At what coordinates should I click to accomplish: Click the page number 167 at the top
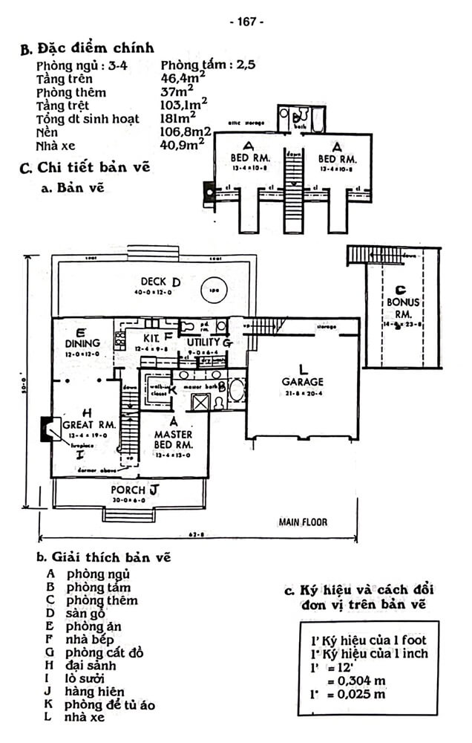click(246, 22)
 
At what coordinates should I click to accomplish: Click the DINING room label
click(82, 343)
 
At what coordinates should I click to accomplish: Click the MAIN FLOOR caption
click(303, 522)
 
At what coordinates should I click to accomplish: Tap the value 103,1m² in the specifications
click(184, 106)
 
